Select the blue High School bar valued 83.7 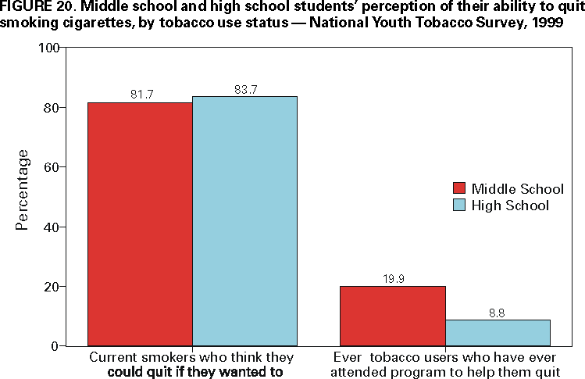[244, 220]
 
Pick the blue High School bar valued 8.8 [498, 332]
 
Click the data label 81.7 [141, 95]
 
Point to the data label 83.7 [246, 88]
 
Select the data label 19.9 [393, 278]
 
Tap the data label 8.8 [498, 312]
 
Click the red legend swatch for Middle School [459, 189]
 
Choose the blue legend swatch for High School [459, 206]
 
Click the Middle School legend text [517, 189]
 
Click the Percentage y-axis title [23, 189]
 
